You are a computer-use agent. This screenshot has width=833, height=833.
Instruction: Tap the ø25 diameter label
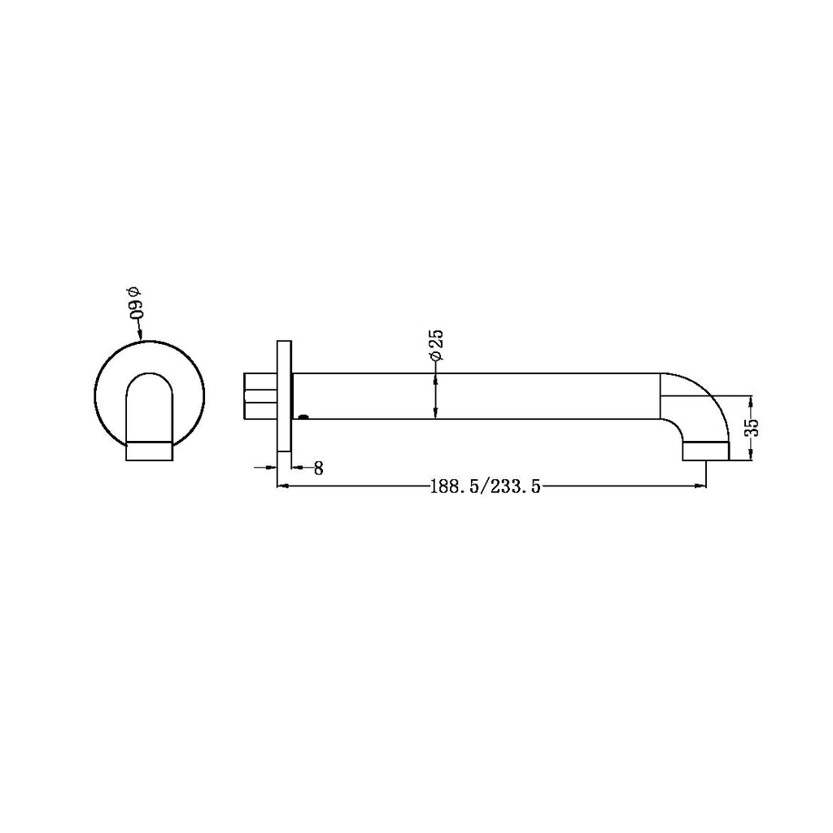pyautogui.click(x=435, y=346)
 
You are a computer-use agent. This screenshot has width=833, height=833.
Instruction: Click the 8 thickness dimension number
pyautogui.click(x=318, y=468)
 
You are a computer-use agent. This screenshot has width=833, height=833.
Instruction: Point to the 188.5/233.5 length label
pyautogui.click(x=486, y=487)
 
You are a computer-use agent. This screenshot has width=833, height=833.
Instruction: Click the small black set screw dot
pyautogui.click(x=303, y=418)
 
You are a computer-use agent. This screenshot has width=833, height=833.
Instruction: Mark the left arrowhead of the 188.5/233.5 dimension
pyautogui.click(x=284, y=487)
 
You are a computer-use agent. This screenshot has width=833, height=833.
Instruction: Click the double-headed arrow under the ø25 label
pyautogui.click(x=436, y=396)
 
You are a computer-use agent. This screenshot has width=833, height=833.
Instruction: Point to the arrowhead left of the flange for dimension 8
pyautogui.click(x=273, y=467)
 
